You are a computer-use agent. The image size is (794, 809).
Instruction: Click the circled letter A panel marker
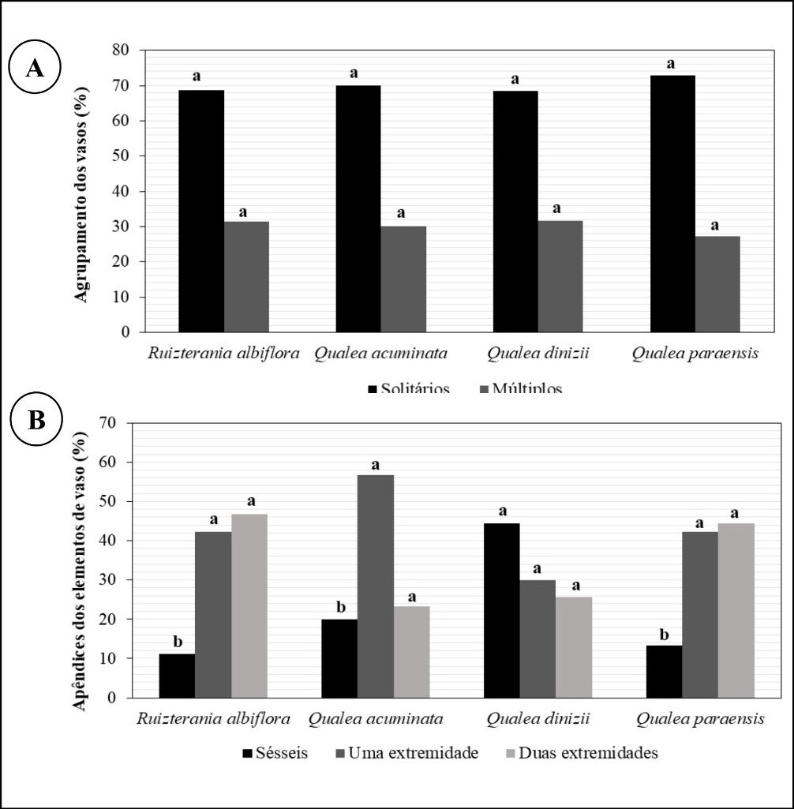click(35, 68)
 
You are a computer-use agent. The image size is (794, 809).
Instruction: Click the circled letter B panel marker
click(36, 420)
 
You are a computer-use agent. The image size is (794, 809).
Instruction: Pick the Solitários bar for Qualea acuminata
click(358, 208)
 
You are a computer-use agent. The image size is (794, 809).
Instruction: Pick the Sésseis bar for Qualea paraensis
click(665, 671)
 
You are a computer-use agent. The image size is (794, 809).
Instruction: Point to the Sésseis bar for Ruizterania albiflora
click(177, 676)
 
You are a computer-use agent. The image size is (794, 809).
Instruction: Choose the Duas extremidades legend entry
click(581, 752)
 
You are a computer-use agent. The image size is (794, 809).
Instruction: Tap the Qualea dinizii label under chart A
click(537, 354)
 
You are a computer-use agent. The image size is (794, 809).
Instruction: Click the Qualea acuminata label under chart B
click(376, 719)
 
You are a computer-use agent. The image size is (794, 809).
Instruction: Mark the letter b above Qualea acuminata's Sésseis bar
click(340, 607)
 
